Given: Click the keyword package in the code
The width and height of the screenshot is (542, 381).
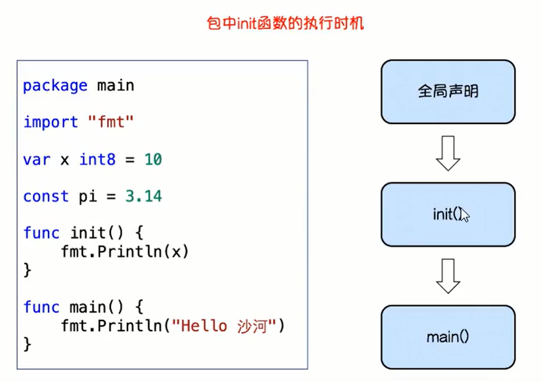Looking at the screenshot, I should (55, 86).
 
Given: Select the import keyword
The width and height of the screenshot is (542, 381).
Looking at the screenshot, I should (50, 122).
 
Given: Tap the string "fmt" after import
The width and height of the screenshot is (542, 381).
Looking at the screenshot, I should (111, 122).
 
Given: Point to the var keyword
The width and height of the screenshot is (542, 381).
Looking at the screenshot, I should (37, 159).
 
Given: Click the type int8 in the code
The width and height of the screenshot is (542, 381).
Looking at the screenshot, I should (97, 159).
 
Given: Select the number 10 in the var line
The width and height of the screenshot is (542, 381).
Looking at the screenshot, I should (153, 159).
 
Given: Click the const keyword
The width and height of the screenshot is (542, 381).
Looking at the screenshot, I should (46, 196).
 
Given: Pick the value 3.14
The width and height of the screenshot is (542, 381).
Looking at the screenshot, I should (143, 196).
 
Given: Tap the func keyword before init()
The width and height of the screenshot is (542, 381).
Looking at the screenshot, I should (41, 233).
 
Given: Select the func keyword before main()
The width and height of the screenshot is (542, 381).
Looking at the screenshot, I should (41, 307).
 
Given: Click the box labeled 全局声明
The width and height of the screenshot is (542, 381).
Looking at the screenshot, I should (448, 91).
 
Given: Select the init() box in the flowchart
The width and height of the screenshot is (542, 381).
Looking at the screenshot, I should (448, 214).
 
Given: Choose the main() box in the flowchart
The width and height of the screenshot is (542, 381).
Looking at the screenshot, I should (448, 337).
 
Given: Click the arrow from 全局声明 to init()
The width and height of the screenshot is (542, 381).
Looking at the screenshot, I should (448, 153).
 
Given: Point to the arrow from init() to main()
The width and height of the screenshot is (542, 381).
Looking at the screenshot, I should (448, 275).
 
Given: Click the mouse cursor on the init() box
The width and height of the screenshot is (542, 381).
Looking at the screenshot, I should (464, 215).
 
